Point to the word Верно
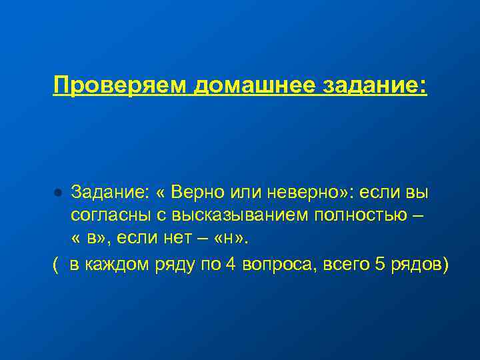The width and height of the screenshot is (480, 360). tap(197, 193)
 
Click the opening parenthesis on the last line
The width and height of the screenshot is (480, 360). tap(55, 265)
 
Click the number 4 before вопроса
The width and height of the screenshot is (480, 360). tap(230, 265)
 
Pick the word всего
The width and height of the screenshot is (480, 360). tap(345, 265)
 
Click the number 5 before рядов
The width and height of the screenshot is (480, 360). tap(381, 265)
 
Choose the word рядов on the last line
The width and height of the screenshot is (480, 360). tap(418, 265)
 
